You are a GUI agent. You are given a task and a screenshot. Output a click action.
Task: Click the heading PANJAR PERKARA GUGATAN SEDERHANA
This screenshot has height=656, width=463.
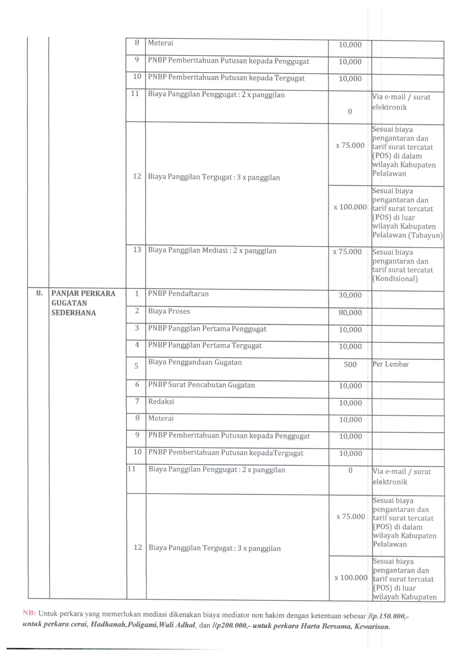(x=83, y=303)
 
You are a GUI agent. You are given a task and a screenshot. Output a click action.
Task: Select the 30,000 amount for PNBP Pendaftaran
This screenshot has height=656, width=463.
(x=350, y=295)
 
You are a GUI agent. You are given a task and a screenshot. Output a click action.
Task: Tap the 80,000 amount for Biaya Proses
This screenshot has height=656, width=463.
(x=350, y=313)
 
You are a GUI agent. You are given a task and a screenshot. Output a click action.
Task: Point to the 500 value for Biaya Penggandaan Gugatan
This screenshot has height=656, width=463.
(x=350, y=365)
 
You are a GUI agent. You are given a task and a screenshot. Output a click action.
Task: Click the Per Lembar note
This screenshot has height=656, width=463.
(x=391, y=364)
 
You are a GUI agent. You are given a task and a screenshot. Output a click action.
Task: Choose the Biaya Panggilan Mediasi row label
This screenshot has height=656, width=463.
(x=212, y=251)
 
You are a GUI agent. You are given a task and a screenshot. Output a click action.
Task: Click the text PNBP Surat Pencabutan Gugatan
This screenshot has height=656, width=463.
(x=201, y=385)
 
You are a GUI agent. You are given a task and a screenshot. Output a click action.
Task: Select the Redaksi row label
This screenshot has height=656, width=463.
(x=161, y=402)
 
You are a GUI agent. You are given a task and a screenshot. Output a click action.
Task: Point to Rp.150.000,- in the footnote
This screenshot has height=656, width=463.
(x=388, y=616)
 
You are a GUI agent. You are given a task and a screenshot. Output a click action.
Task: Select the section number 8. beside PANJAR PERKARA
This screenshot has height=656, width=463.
(x=39, y=293)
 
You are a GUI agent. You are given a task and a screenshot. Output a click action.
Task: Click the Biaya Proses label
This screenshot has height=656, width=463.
(x=169, y=311)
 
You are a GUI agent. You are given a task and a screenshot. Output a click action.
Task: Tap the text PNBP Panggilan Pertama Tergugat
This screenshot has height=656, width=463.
(x=205, y=346)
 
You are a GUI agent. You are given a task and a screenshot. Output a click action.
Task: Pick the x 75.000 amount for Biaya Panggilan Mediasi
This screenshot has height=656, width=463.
(x=347, y=252)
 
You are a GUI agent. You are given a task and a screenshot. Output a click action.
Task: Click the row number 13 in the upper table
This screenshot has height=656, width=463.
(x=137, y=249)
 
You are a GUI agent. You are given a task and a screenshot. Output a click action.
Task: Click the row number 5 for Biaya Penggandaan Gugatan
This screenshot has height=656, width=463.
(x=136, y=366)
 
